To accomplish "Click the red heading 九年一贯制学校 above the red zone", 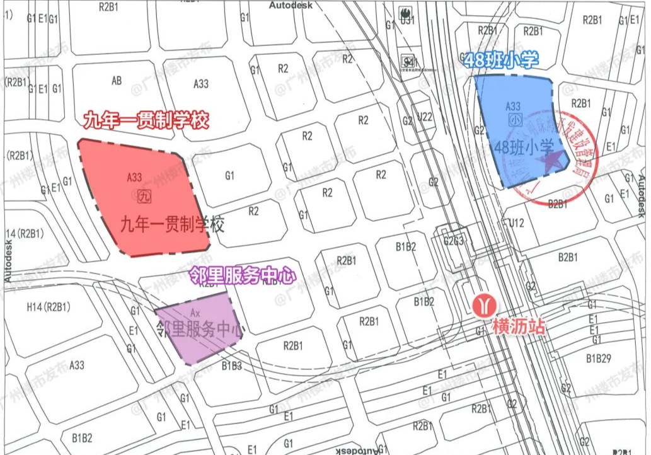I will pos(146,120).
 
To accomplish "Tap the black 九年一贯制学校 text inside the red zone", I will pos(173,224).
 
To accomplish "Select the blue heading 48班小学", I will pos(501,60).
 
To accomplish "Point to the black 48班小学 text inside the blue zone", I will pos(524,148).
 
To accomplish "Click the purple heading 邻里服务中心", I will pos(243,275).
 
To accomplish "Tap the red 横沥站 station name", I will pos(519,326).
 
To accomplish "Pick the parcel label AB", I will pos(117,81).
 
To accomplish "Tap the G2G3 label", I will pos(454,240).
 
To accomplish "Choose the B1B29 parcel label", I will pos(599,359).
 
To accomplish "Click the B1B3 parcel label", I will pos(231,364).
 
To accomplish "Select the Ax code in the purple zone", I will pos(195,313).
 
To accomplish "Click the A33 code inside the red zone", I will pos(134,178).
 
